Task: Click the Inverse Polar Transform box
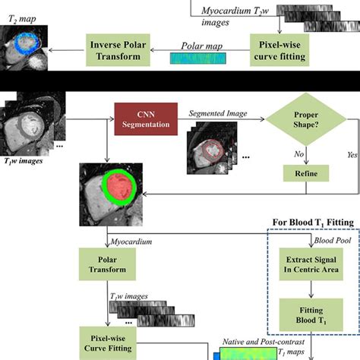[118, 46]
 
